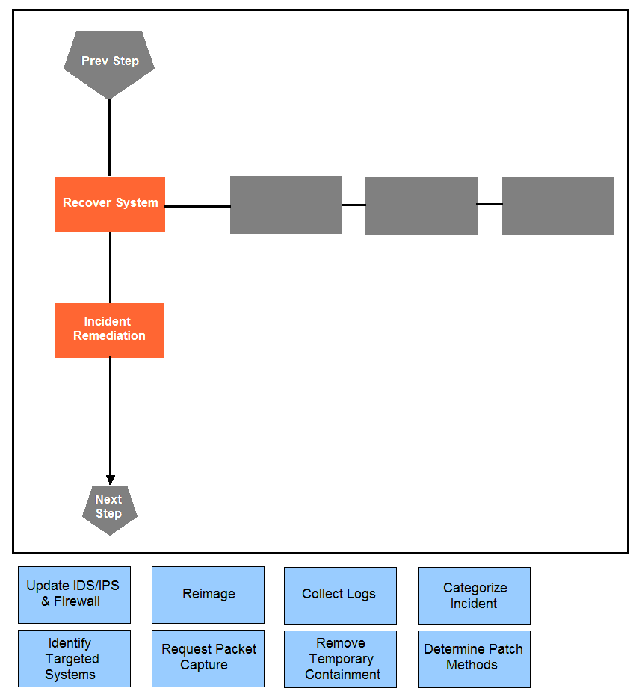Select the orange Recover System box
coord(111,205)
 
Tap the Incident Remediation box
coord(109,330)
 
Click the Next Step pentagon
coord(110,509)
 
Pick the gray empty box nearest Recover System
coord(286,205)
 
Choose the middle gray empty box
coord(422,205)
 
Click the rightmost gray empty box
coord(558,205)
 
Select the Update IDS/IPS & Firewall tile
coord(74,595)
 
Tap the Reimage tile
coord(208,595)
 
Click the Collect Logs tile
coord(340,595)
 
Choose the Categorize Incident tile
coord(475,595)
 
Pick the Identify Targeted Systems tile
coord(74,658)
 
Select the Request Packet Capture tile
coord(208,658)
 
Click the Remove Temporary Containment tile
coord(340,659)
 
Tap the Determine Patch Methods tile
coord(475,659)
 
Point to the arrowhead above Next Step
coord(111,480)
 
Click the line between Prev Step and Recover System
coord(109,138)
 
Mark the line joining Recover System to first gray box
coord(198,206)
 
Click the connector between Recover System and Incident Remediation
coord(111,267)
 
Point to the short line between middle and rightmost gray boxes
coord(490,204)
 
